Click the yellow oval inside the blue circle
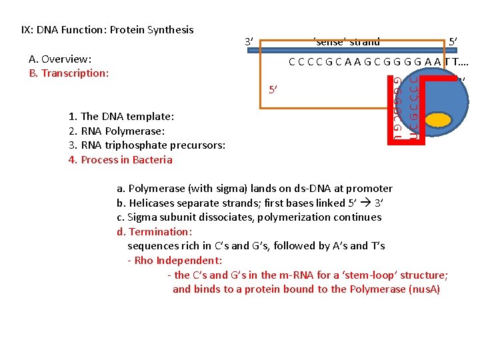438,119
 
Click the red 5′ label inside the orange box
273,89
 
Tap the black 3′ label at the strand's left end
249,42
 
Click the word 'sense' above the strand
328,42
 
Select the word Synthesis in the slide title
171,29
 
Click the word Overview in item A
69,59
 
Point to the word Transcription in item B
75,73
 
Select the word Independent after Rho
188,260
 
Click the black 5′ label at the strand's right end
453,42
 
